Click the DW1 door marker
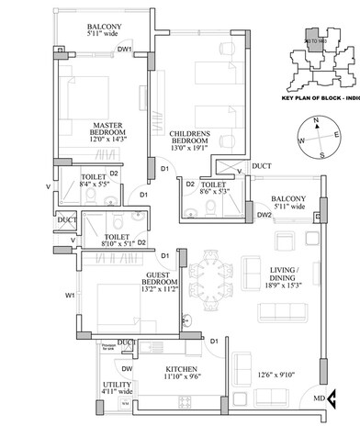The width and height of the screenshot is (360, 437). (125, 49)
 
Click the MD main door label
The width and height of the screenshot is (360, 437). (318, 398)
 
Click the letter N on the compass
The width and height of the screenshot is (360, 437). (314, 120)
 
